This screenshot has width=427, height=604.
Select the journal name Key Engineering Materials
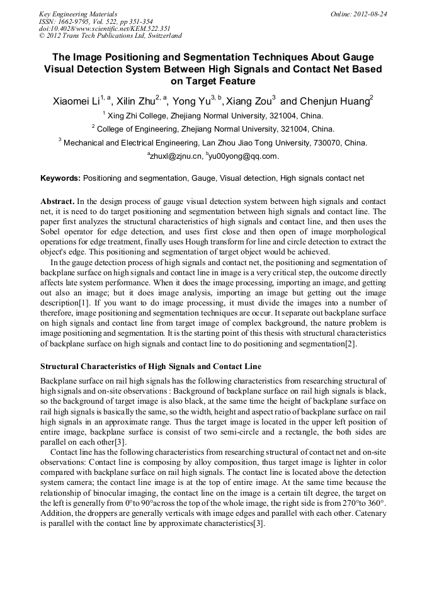point(78,14)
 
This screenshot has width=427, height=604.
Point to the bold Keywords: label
point(60,178)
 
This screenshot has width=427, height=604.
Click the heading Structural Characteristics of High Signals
point(151,367)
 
